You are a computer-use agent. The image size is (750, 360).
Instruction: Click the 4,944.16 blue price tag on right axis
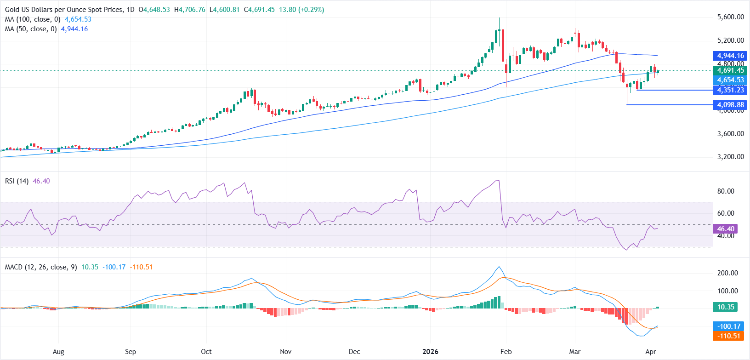tap(730, 56)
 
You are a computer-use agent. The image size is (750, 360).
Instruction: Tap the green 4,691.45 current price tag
tap(730, 70)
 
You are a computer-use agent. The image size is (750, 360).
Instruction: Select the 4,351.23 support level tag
tap(730, 90)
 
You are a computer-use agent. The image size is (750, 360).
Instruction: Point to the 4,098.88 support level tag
tap(730, 105)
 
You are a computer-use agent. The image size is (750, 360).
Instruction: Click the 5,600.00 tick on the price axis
tap(730, 17)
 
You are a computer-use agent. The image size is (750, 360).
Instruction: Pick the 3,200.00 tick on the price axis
tap(730, 157)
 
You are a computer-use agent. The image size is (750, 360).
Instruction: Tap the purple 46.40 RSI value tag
tap(725, 229)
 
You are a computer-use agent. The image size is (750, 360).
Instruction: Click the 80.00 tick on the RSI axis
tap(726, 191)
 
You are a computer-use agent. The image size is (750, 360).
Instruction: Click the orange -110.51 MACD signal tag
tap(729, 336)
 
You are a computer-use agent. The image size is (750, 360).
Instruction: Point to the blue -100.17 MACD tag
tap(729, 326)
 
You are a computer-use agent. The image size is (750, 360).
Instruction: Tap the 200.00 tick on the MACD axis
tap(727, 273)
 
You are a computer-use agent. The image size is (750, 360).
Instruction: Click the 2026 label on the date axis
tap(430, 352)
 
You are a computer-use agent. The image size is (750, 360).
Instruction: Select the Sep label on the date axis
tap(131, 352)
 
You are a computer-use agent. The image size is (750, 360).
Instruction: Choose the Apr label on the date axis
tap(650, 352)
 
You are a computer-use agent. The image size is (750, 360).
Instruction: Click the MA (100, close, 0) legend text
tap(33, 19)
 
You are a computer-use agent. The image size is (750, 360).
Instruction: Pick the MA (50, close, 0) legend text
tap(31, 29)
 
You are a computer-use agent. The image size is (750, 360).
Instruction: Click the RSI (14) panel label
tap(17, 181)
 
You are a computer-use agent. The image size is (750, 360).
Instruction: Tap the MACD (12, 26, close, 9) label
tap(41, 267)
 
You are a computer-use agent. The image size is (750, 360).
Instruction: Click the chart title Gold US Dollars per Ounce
tap(64, 10)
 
